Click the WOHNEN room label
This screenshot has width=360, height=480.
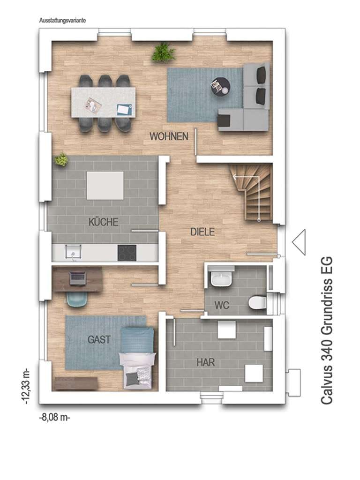pyautogui.click(x=169, y=136)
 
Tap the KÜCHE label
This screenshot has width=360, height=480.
pyautogui.click(x=104, y=222)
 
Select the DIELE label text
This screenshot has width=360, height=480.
pyautogui.click(x=202, y=232)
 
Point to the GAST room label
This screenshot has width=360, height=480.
pyautogui.click(x=99, y=339)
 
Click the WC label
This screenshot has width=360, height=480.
pyautogui.click(x=222, y=305)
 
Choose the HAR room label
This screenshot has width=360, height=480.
pyautogui.click(x=205, y=363)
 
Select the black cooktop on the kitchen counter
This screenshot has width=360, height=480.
pyautogui.click(x=127, y=253)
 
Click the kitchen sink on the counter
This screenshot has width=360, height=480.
pyautogui.click(x=74, y=253)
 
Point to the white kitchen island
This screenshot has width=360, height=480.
pyautogui.click(x=105, y=186)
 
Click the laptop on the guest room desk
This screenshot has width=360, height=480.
pyautogui.click(x=77, y=278)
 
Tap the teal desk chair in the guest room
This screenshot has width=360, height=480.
pyautogui.click(x=77, y=299)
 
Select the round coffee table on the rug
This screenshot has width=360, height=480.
pyautogui.click(x=220, y=87)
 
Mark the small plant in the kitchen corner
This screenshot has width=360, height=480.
pyautogui.click(x=61, y=160)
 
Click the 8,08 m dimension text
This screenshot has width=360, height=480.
pyautogui.click(x=55, y=418)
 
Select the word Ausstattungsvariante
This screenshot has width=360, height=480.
pyautogui.click(x=62, y=21)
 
